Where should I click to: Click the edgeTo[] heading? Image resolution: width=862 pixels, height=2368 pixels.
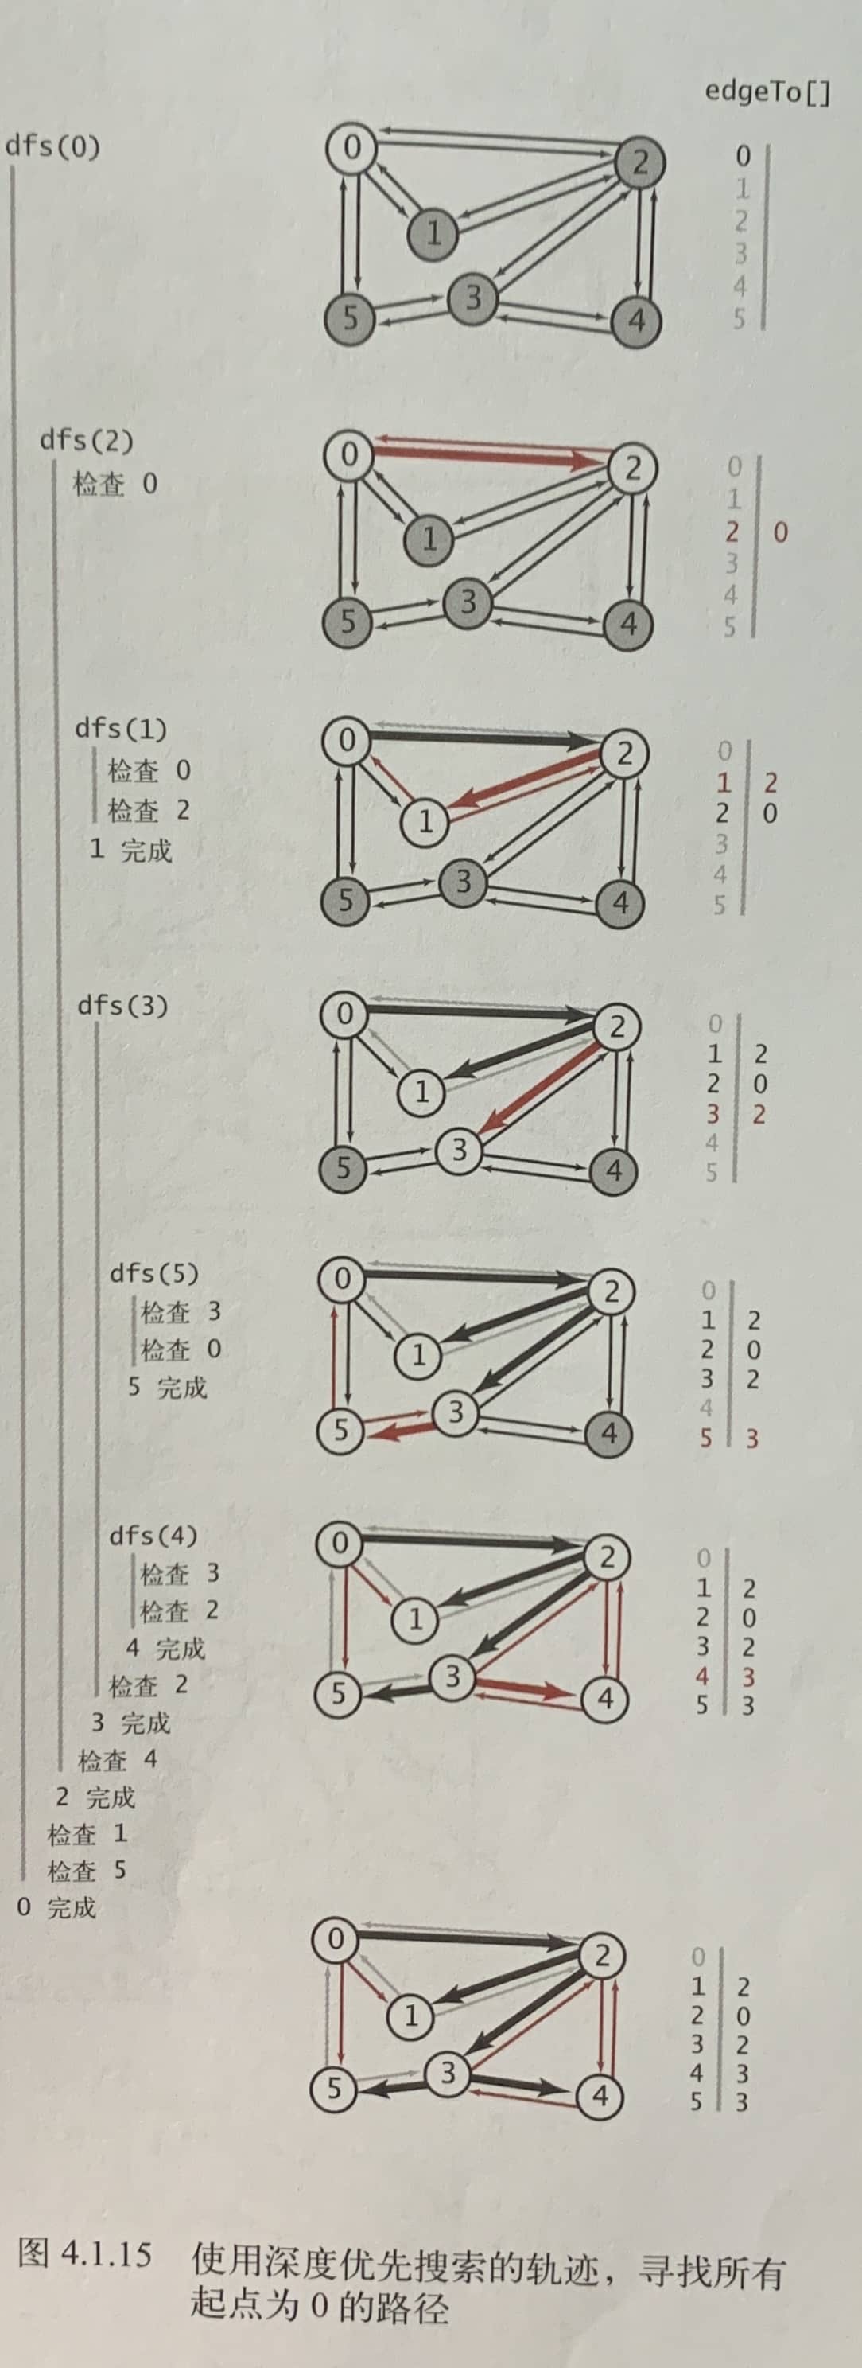pyautogui.click(x=767, y=92)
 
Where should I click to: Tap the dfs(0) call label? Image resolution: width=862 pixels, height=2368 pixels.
pyautogui.click(x=52, y=146)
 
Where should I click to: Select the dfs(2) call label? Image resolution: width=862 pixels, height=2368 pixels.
pyautogui.click(x=87, y=439)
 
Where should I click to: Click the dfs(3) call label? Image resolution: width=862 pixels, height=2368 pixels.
pyautogui.click(x=123, y=1005)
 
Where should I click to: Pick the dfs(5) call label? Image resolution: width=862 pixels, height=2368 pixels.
pyautogui.click(x=154, y=1273)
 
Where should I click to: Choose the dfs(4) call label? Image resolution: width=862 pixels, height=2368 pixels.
pyautogui.click(x=153, y=1535)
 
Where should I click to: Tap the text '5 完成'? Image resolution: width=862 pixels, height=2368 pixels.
pyautogui.click(x=167, y=1386)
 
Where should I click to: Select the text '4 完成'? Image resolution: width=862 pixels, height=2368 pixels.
pyautogui.click(x=165, y=1648)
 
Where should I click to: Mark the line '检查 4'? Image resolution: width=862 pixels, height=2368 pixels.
pyautogui.click(x=118, y=1759)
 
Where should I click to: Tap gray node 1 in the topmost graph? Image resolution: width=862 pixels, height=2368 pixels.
pyautogui.click(x=433, y=232)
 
